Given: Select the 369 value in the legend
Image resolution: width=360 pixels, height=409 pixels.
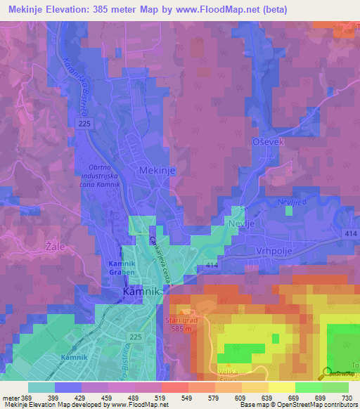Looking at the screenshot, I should (x=27, y=398).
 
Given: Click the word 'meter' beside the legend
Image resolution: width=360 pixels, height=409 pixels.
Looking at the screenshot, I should (x=10, y=398).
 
